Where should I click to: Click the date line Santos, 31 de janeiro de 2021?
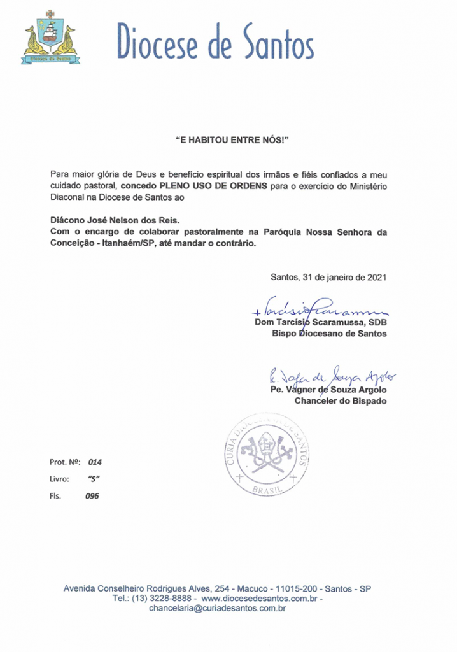tap(328, 277)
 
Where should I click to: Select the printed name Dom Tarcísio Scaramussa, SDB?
tap(320, 322)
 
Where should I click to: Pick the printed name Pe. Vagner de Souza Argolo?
tap(328, 390)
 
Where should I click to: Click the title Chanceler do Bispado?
tap(340, 401)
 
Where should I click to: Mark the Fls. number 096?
tap(93, 495)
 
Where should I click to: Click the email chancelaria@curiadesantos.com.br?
tap(216, 609)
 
